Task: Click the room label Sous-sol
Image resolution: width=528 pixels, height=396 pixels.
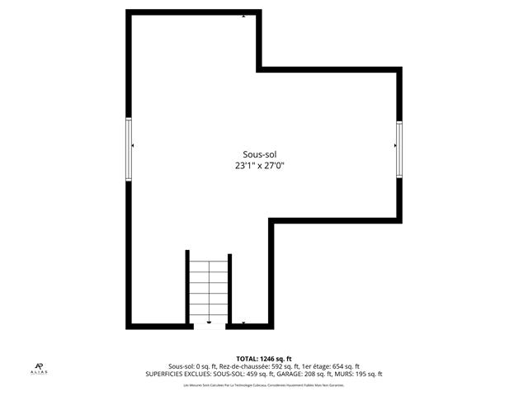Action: point(259,154)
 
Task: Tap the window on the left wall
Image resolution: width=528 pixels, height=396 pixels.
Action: point(129,148)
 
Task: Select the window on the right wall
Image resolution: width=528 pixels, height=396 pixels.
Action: point(398,148)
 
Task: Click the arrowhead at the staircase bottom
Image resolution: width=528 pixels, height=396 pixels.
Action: point(209,322)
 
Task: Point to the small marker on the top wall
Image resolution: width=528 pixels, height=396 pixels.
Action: point(243,15)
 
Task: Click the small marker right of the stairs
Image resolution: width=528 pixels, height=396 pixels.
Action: point(243,323)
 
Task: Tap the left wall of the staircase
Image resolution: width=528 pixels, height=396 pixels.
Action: point(186,289)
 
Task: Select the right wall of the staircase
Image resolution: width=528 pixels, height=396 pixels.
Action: point(230,289)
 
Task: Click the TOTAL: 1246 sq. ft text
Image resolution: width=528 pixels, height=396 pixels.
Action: point(263,358)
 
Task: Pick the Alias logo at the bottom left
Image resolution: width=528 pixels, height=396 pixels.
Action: point(40,368)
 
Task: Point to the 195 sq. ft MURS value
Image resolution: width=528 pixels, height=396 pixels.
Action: point(368,374)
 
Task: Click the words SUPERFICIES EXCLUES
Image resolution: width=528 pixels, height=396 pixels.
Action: point(177,374)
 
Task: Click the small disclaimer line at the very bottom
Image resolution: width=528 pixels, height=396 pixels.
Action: point(263,384)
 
